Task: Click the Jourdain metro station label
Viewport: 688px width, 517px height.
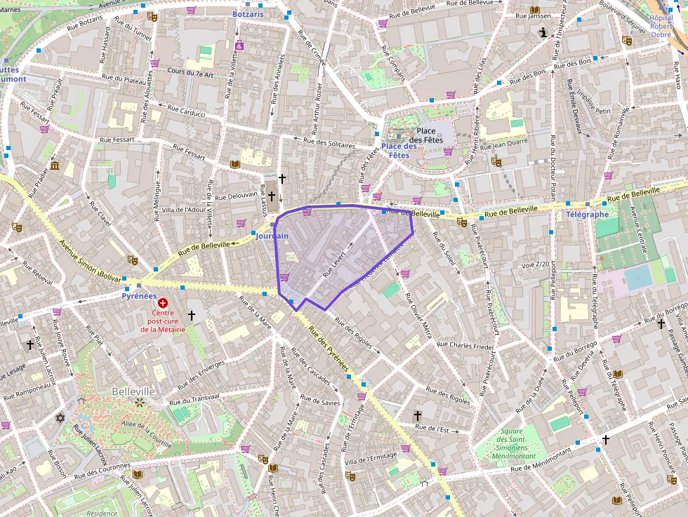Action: click(272, 236)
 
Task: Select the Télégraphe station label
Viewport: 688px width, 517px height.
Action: click(587, 215)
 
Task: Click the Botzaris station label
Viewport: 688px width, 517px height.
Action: click(249, 13)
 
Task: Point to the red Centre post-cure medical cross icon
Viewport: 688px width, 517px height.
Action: click(163, 303)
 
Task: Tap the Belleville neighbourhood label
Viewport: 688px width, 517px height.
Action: click(133, 391)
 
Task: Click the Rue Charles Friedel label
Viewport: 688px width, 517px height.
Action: click(465, 345)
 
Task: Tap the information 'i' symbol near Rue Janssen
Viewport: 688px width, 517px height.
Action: click(543, 32)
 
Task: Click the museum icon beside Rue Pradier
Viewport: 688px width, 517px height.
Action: click(55, 166)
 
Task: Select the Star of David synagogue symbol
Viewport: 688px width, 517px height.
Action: click(60, 418)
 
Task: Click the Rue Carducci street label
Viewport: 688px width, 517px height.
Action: click(186, 110)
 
